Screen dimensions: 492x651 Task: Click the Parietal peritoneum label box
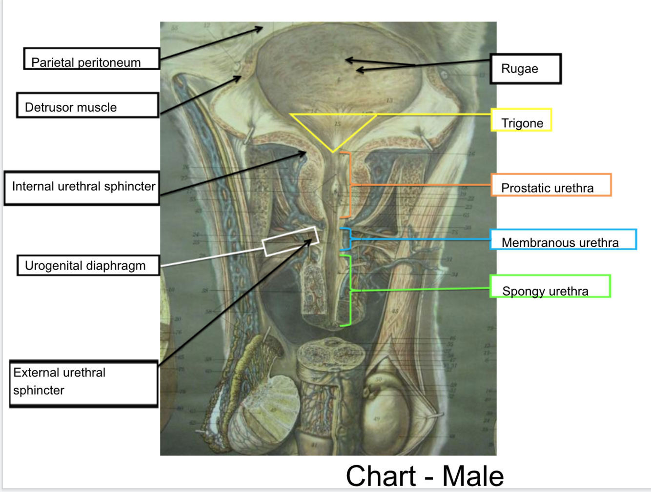pos(92,59)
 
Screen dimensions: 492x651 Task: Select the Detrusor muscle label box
pos(88,105)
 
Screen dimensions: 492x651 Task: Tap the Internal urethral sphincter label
pos(82,188)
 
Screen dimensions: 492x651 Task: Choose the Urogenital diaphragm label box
pos(88,266)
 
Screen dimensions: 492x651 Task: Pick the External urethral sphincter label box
pos(83,384)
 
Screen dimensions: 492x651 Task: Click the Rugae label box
pos(526,69)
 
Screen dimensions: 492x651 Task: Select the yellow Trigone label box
pos(521,120)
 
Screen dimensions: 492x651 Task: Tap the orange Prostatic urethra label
pos(551,185)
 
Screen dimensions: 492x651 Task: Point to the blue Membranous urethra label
pos(563,239)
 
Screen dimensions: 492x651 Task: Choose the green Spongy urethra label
pos(550,286)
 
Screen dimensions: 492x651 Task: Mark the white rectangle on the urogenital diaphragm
pos(291,241)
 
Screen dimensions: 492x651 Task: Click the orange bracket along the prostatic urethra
pos(349,185)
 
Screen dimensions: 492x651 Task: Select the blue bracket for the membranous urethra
pos(349,239)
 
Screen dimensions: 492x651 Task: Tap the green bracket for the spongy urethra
pos(350,290)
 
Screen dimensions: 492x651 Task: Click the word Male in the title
pos(472,476)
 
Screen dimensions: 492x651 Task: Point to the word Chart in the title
pos(381,476)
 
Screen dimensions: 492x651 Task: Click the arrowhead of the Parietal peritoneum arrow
pos(261,29)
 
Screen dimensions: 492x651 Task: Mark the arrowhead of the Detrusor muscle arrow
pos(239,78)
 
